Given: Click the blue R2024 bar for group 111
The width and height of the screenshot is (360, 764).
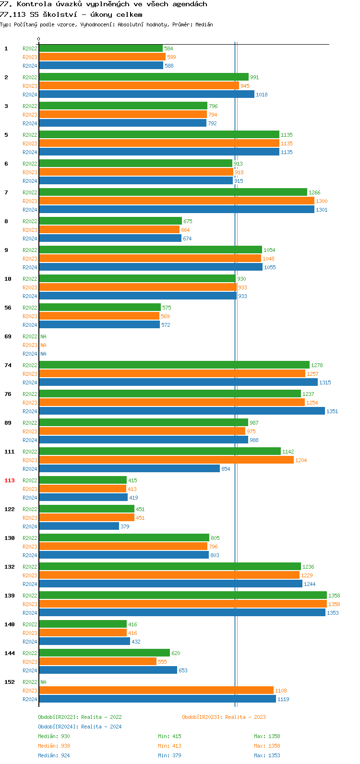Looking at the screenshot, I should [129, 469].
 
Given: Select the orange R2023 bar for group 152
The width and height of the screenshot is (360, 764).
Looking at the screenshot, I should [156, 691].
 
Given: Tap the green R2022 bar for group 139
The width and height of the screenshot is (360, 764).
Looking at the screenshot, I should [182, 596].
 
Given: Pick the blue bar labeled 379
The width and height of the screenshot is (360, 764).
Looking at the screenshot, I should [79, 526].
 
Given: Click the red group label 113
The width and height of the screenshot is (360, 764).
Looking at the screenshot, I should [10, 480].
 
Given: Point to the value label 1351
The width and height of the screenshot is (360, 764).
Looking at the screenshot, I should [332, 411].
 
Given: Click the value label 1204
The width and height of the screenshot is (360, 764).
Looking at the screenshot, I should [301, 460].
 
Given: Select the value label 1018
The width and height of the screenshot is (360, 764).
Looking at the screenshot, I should [262, 95].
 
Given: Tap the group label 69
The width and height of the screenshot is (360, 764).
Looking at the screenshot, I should [8, 336].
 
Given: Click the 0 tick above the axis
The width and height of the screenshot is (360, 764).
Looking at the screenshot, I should [39, 39].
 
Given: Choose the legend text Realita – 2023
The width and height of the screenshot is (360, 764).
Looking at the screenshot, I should [245, 717].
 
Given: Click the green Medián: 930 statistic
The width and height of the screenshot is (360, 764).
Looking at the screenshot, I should [54, 736].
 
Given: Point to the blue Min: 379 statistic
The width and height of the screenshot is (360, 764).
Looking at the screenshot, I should [169, 755].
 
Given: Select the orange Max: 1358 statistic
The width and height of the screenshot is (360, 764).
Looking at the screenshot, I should [267, 746].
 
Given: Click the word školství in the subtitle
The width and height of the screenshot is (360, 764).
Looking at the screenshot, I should [60, 14].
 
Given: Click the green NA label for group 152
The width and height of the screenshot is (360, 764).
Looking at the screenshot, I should [43, 682].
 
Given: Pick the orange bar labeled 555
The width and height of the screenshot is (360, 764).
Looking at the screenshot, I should [97, 662].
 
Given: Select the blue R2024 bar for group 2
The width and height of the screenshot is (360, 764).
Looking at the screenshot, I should [146, 95].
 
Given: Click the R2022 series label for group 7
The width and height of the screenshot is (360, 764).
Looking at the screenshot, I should [30, 192].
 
